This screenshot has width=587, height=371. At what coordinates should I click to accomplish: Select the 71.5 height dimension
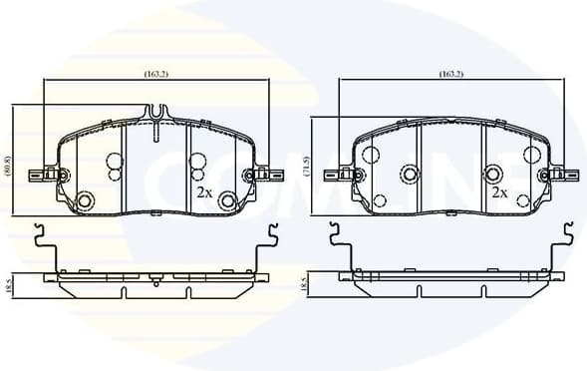307,167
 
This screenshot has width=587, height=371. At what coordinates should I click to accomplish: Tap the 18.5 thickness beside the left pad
9,285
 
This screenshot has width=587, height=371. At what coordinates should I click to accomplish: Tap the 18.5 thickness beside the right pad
305,285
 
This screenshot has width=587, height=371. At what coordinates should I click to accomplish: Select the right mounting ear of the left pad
267,175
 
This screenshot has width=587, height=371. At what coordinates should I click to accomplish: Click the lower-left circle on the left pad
85,202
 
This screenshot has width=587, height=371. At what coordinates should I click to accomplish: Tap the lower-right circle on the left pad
228,202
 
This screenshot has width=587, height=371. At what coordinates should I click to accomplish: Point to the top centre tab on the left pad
157,129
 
